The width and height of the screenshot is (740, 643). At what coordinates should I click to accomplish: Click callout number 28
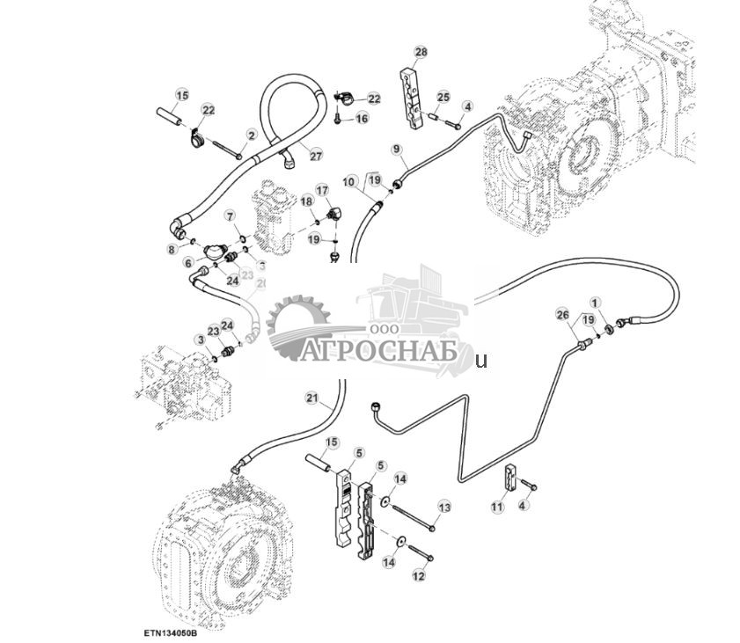coord(421,54)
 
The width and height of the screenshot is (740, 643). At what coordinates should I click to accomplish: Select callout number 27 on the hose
coord(316,155)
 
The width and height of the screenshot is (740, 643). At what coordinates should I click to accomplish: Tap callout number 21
coord(311,398)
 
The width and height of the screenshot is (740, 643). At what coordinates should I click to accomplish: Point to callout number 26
coord(563,314)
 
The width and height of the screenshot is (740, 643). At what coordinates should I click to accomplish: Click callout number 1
coord(595,303)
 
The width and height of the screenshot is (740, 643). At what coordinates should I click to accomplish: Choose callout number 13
coord(443,508)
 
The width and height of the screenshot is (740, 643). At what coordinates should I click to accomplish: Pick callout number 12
coord(419,576)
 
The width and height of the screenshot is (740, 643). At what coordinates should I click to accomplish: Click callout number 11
coord(497,508)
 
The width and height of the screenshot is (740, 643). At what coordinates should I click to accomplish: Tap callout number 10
coord(349,182)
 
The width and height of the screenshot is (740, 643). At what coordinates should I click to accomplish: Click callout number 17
coord(322,190)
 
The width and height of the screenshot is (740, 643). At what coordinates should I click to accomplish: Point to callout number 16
coord(363,119)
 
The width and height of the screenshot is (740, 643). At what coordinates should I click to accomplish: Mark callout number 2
coord(252,135)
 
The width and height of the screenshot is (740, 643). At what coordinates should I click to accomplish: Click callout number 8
coord(172,250)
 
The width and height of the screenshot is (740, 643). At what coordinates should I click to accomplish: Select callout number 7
coord(230,216)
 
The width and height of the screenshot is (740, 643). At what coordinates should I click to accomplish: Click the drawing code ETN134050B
coord(171,631)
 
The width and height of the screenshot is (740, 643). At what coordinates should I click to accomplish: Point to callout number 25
coord(443,96)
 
